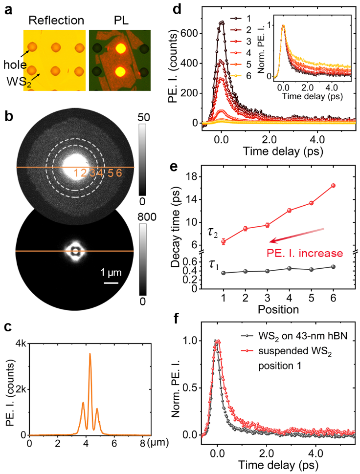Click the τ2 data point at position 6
[334, 185]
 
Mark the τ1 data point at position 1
[224, 273]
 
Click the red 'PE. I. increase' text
[305, 253]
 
